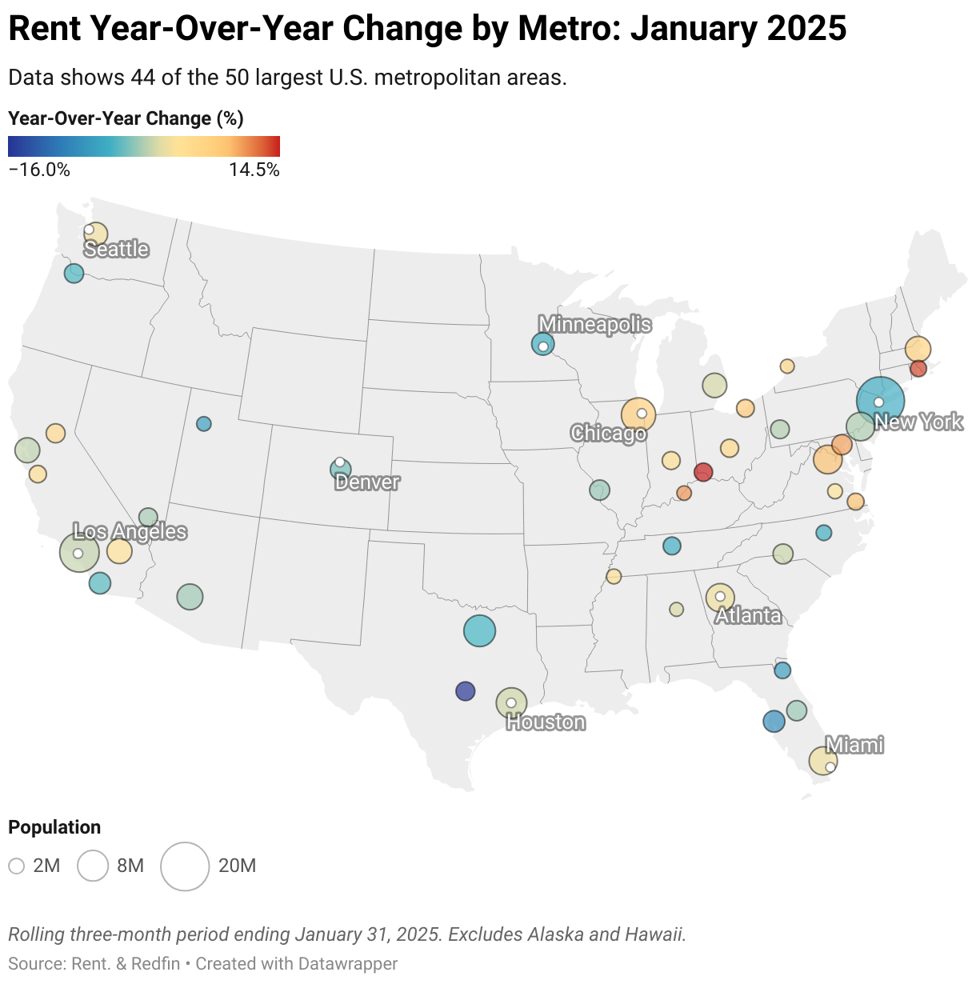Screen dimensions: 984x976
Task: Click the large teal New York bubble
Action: click(880, 401)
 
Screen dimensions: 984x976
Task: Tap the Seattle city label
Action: click(117, 249)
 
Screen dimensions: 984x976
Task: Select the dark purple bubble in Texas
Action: click(465, 690)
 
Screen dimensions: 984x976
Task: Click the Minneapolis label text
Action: click(594, 324)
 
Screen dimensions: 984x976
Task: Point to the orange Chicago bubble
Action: click(638, 414)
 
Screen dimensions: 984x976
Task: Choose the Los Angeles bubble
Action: click(79, 552)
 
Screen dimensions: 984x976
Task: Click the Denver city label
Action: click(367, 482)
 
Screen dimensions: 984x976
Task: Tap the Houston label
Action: click(546, 722)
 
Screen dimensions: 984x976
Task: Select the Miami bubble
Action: click(822, 761)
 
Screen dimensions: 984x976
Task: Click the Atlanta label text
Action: click(748, 615)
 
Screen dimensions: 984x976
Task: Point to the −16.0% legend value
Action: click(39, 170)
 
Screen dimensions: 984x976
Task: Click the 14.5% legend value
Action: click(254, 170)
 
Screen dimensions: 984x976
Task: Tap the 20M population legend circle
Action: click(185, 866)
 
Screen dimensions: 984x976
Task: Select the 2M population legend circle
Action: click(16, 866)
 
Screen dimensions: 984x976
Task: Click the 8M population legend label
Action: click(130, 866)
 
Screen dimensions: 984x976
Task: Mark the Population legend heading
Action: click(54, 827)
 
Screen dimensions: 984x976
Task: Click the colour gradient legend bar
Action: click(144, 146)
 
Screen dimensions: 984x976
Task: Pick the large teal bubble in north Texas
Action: click(479, 630)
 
